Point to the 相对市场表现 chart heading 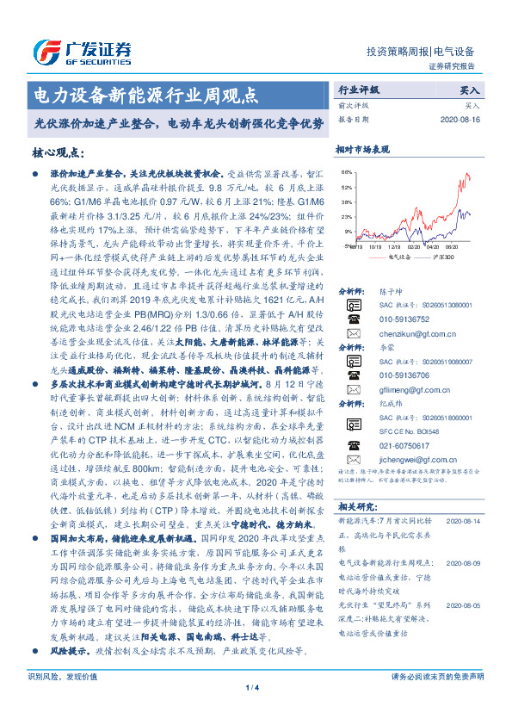pos(363,149)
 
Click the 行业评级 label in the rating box pos(358,89)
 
